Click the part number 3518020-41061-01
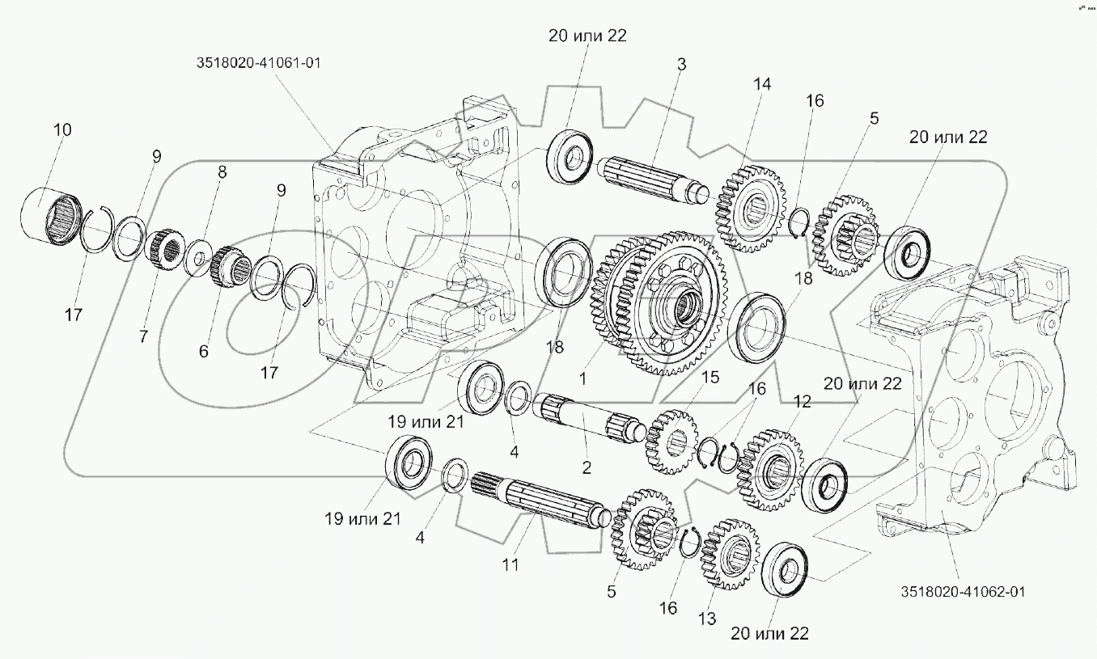click(256, 63)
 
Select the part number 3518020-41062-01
click(962, 591)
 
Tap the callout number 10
click(62, 129)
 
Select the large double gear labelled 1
click(657, 303)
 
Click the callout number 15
click(709, 378)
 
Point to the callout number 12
click(802, 401)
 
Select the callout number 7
click(143, 336)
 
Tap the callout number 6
click(202, 351)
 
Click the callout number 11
click(510, 565)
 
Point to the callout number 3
click(681, 64)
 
